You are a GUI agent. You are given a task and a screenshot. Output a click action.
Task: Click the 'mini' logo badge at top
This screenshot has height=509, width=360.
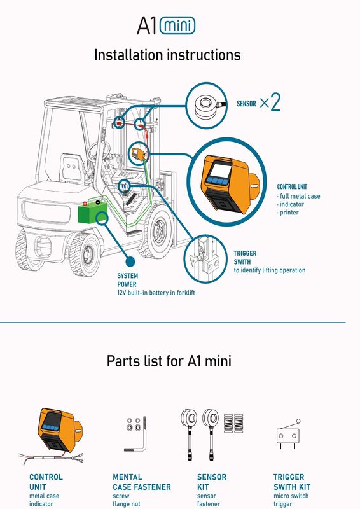177,25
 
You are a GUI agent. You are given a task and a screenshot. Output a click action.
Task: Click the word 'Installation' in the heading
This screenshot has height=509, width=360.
128,55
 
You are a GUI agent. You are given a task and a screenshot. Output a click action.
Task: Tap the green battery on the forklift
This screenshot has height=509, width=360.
92,211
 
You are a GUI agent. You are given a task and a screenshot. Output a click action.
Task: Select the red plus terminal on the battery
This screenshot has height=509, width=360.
85,204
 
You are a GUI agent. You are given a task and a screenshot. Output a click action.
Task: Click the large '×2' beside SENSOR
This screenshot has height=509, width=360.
270,102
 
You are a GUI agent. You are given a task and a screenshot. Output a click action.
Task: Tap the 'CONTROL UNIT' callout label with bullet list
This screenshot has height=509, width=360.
298,199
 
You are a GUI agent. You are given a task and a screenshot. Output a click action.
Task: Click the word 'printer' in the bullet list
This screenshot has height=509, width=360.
289,213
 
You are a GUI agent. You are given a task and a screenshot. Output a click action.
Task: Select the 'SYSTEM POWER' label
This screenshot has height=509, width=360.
127,280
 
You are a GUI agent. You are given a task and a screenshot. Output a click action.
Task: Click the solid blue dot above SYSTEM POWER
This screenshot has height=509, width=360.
130,261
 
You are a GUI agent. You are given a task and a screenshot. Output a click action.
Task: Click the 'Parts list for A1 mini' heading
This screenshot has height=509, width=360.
169,361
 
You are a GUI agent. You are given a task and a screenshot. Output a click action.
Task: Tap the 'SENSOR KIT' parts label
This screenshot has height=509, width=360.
212,482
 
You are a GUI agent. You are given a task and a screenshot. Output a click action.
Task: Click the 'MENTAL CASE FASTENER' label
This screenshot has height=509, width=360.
142,482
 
